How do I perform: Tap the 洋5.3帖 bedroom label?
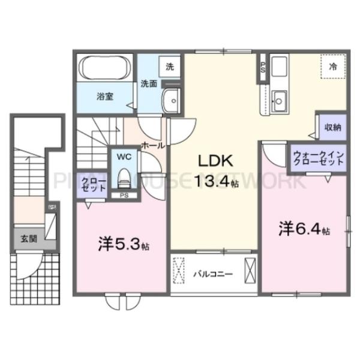coord(124,244)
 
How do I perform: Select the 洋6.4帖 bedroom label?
coord(304,229)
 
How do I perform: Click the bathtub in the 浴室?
coord(103,67)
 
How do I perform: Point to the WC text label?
coord(124,157)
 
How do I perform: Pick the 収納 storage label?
coord(333,127)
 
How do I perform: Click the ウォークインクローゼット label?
coord(318,159)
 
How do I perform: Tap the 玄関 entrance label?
coord(28,238)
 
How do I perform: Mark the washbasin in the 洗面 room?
coord(172,101)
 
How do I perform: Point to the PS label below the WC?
coord(124,195)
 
